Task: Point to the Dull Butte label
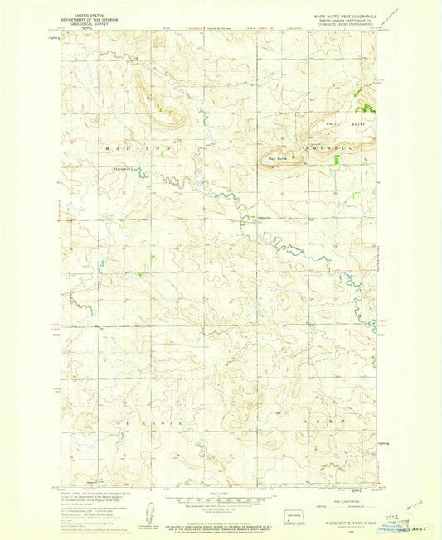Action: [x=277, y=157]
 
